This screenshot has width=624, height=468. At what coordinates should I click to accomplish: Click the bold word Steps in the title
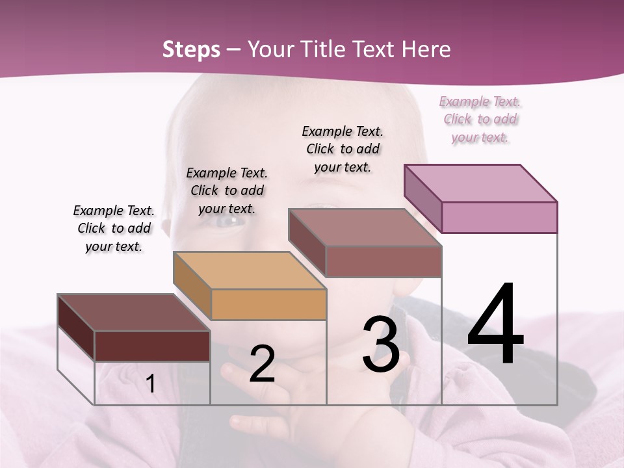(x=191, y=49)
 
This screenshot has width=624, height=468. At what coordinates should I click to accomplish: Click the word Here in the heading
(x=426, y=49)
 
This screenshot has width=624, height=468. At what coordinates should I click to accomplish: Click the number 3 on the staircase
(x=381, y=344)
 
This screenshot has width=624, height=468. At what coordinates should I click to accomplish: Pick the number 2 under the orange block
(x=262, y=364)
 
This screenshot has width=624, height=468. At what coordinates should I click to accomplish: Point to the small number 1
(x=150, y=383)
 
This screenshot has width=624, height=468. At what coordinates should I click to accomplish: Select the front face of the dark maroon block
(x=152, y=346)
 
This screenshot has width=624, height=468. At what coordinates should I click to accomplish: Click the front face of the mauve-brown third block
(x=383, y=261)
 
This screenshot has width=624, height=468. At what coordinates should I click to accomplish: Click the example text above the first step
(x=114, y=228)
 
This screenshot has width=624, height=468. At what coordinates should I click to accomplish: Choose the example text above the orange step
(x=227, y=190)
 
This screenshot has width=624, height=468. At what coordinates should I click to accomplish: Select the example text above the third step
(x=343, y=149)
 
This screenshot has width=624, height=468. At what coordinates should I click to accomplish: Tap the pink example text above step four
(x=480, y=119)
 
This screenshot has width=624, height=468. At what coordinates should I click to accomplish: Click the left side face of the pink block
(x=422, y=198)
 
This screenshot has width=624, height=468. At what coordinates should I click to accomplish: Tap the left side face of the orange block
(x=192, y=286)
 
